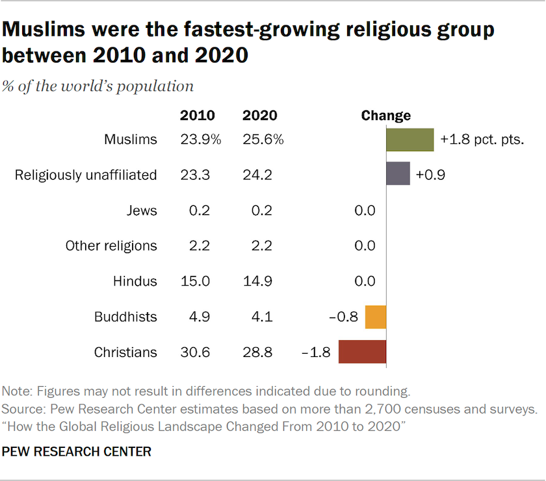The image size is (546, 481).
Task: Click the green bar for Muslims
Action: click(x=409, y=140)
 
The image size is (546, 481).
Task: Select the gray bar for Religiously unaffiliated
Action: click(x=398, y=174)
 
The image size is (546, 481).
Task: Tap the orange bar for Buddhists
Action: click(x=376, y=317)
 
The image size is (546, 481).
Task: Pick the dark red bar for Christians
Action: click(x=362, y=352)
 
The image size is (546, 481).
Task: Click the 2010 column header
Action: click(x=197, y=116)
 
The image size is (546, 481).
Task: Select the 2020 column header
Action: click(x=259, y=116)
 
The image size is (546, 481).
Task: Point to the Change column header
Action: click(x=386, y=116)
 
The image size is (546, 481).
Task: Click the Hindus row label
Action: click(x=135, y=281)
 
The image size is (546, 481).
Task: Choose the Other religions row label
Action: click(x=111, y=246)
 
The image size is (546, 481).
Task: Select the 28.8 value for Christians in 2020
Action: click(x=257, y=352)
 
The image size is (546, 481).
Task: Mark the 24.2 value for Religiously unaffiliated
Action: click(x=257, y=175)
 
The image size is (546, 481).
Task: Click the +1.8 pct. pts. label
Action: click(x=482, y=140)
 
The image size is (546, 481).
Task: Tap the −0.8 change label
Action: click(x=344, y=317)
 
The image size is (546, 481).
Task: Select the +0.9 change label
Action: click(x=430, y=175)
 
